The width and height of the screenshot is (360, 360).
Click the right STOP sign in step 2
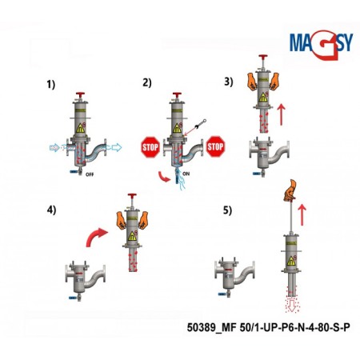(x=214, y=146)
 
